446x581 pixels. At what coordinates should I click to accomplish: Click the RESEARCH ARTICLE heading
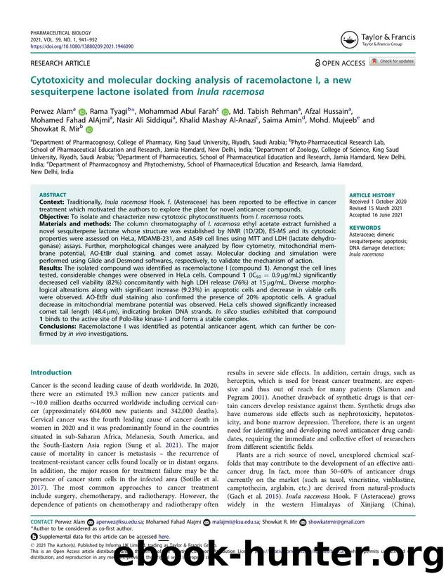pos(60,63)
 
